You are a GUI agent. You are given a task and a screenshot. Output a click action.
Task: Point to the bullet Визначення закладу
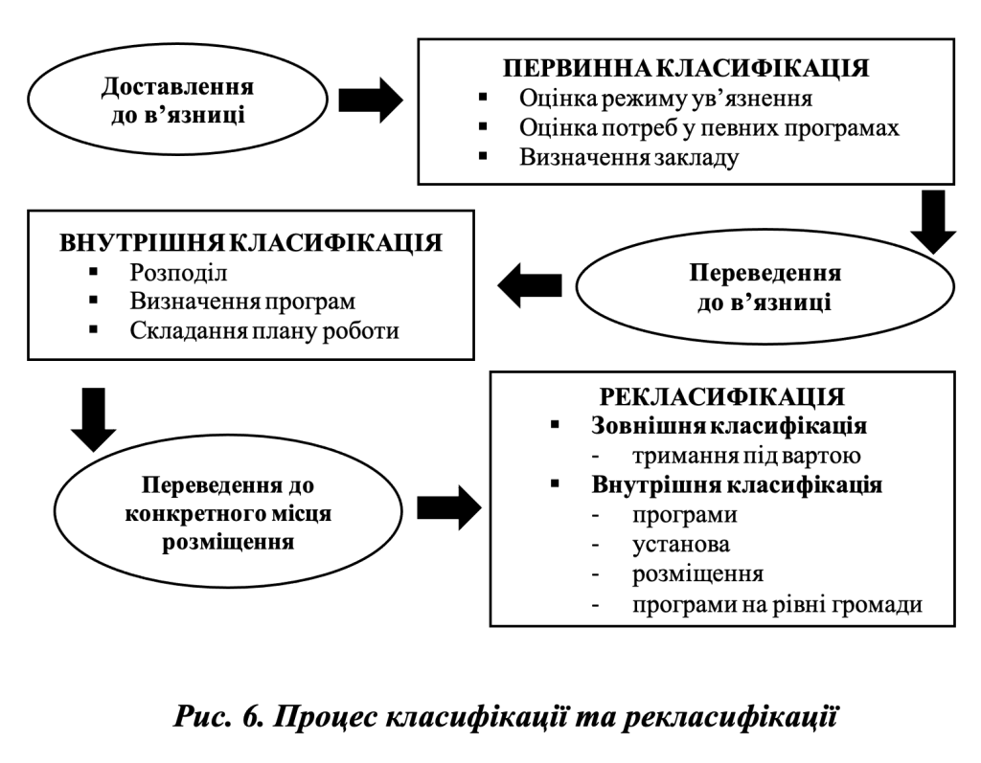pyautogui.click(x=628, y=157)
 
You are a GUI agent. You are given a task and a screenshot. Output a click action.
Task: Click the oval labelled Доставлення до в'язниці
pyautogui.click(x=177, y=101)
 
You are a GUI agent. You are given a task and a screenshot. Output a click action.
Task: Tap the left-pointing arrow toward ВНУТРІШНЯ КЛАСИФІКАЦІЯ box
pyautogui.click(x=529, y=284)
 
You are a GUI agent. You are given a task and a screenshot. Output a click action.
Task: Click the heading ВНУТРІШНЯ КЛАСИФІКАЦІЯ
pyautogui.click(x=251, y=243)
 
